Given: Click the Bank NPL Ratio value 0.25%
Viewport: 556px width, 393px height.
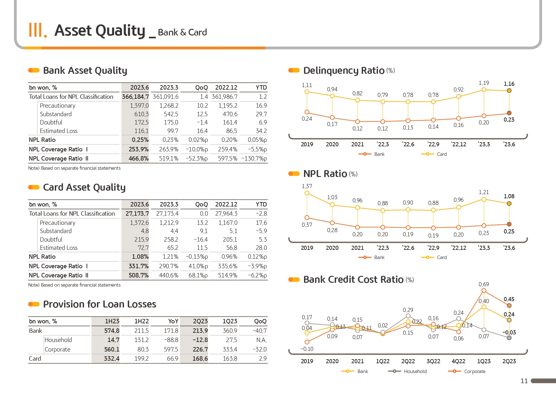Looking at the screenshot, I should point(140,140).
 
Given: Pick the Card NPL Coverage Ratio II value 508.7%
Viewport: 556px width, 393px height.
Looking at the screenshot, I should point(139,275).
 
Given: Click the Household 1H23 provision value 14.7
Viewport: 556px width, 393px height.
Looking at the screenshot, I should point(113,340).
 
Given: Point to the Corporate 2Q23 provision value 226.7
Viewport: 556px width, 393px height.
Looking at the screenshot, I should point(200,349).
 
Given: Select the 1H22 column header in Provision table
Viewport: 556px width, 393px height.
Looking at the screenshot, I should point(141,321).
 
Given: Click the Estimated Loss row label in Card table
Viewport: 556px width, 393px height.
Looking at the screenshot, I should point(59,248).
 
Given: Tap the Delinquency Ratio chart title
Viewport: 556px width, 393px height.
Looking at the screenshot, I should point(344,70).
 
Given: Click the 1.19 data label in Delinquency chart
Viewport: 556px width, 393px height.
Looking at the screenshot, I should point(484,83).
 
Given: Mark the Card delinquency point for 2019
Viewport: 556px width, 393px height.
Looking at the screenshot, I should point(307,92).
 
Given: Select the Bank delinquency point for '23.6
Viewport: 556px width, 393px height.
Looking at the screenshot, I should point(509,113).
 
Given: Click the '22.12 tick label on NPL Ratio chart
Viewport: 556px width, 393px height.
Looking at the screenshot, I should point(458,248).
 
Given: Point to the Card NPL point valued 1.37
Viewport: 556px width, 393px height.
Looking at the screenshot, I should point(307,193).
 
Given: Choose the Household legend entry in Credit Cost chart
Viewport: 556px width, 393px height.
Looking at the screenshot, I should point(415,371).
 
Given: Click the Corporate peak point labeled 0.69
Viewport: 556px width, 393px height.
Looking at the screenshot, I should point(484,290).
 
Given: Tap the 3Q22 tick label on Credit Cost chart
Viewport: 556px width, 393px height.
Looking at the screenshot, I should point(433,361).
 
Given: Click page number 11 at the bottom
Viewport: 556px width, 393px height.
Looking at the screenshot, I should point(524,381).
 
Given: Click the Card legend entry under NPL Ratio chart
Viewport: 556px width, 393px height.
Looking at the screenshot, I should point(441,257).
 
